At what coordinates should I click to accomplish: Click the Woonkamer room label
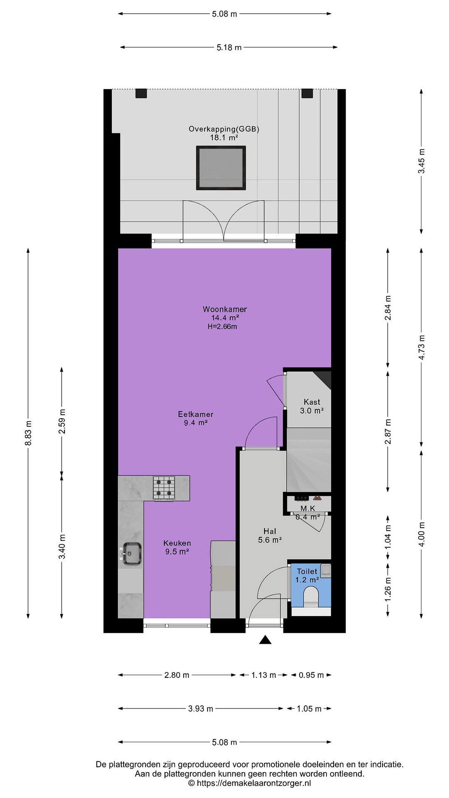[x=225, y=309]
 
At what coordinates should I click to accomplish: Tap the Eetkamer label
[x=195, y=414]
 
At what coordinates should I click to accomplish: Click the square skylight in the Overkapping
[x=221, y=168]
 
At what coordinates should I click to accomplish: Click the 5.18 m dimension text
[x=229, y=47]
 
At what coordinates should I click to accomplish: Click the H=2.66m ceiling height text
[x=222, y=326]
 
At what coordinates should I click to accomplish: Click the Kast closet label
[x=312, y=402]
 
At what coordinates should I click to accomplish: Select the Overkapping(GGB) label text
[x=224, y=129]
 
